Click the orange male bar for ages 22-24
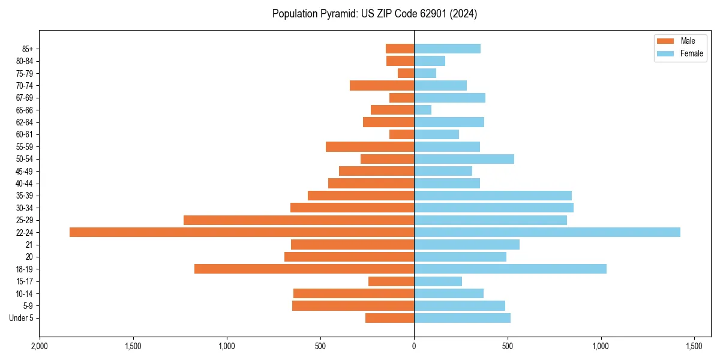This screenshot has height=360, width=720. (242, 232)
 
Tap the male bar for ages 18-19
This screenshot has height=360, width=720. (304, 269)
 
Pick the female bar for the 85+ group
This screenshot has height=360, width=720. (447, 49)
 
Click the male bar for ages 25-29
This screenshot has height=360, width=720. (299, 220)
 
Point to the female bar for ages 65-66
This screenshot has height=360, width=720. (422, 110)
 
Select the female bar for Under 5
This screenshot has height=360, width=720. (462, 318)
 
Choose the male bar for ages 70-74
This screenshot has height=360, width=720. (382, 85)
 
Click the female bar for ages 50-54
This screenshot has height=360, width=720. (464, 159)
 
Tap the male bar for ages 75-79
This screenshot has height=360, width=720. (406, 73)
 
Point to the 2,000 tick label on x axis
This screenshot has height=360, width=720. (40, 346)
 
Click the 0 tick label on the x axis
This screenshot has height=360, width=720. (414, 346)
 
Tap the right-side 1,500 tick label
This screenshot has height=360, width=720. (694, 346)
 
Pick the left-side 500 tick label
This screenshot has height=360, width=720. (320, 346)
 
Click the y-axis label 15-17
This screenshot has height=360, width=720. (25, 281)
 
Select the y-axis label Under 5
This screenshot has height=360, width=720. (21, 318)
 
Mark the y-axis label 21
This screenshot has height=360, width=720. (29, 245)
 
